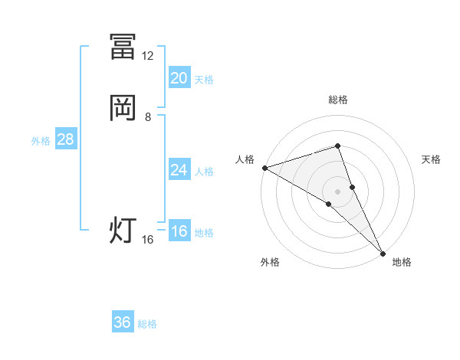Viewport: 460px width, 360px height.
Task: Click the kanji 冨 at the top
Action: pos(123,47)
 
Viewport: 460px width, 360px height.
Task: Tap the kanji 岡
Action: pos(123,108)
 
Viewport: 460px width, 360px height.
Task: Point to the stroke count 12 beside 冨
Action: pos(148,56)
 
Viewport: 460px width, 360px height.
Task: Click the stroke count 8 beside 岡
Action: pos(148,117)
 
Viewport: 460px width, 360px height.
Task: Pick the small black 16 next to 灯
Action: pos(148,240)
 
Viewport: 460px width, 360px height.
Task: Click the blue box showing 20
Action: pos(179,78)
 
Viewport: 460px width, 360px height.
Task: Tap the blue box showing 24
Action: pos(179,170)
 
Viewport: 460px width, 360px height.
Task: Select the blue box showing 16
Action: pos(179,231)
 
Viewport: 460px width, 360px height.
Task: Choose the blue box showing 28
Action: pos(65,139)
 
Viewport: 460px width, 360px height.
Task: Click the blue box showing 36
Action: pos(123,322)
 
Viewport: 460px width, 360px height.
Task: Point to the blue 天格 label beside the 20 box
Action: pos(204,80)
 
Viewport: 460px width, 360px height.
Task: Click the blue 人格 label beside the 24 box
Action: pos(204,172)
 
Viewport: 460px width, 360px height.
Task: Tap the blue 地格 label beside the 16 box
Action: pos(204,233)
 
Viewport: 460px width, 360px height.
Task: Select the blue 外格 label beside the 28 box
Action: pos(41,141)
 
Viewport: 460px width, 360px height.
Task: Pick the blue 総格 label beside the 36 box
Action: pos(147,324)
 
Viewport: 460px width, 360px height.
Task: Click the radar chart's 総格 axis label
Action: pos(337,100)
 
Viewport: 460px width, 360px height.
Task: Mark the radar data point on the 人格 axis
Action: pos(264,167)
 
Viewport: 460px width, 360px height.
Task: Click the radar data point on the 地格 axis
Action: pos(383,252)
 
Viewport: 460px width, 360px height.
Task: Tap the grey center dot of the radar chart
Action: pos(337,191)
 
